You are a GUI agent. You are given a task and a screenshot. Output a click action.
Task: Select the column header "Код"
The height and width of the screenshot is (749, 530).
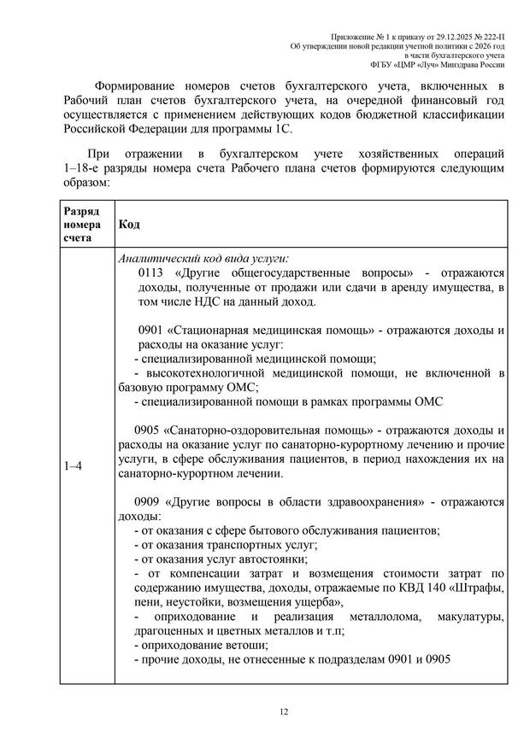tap(129, 223)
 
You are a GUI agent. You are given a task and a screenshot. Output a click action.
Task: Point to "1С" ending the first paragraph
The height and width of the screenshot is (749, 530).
tap(282, 130)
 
